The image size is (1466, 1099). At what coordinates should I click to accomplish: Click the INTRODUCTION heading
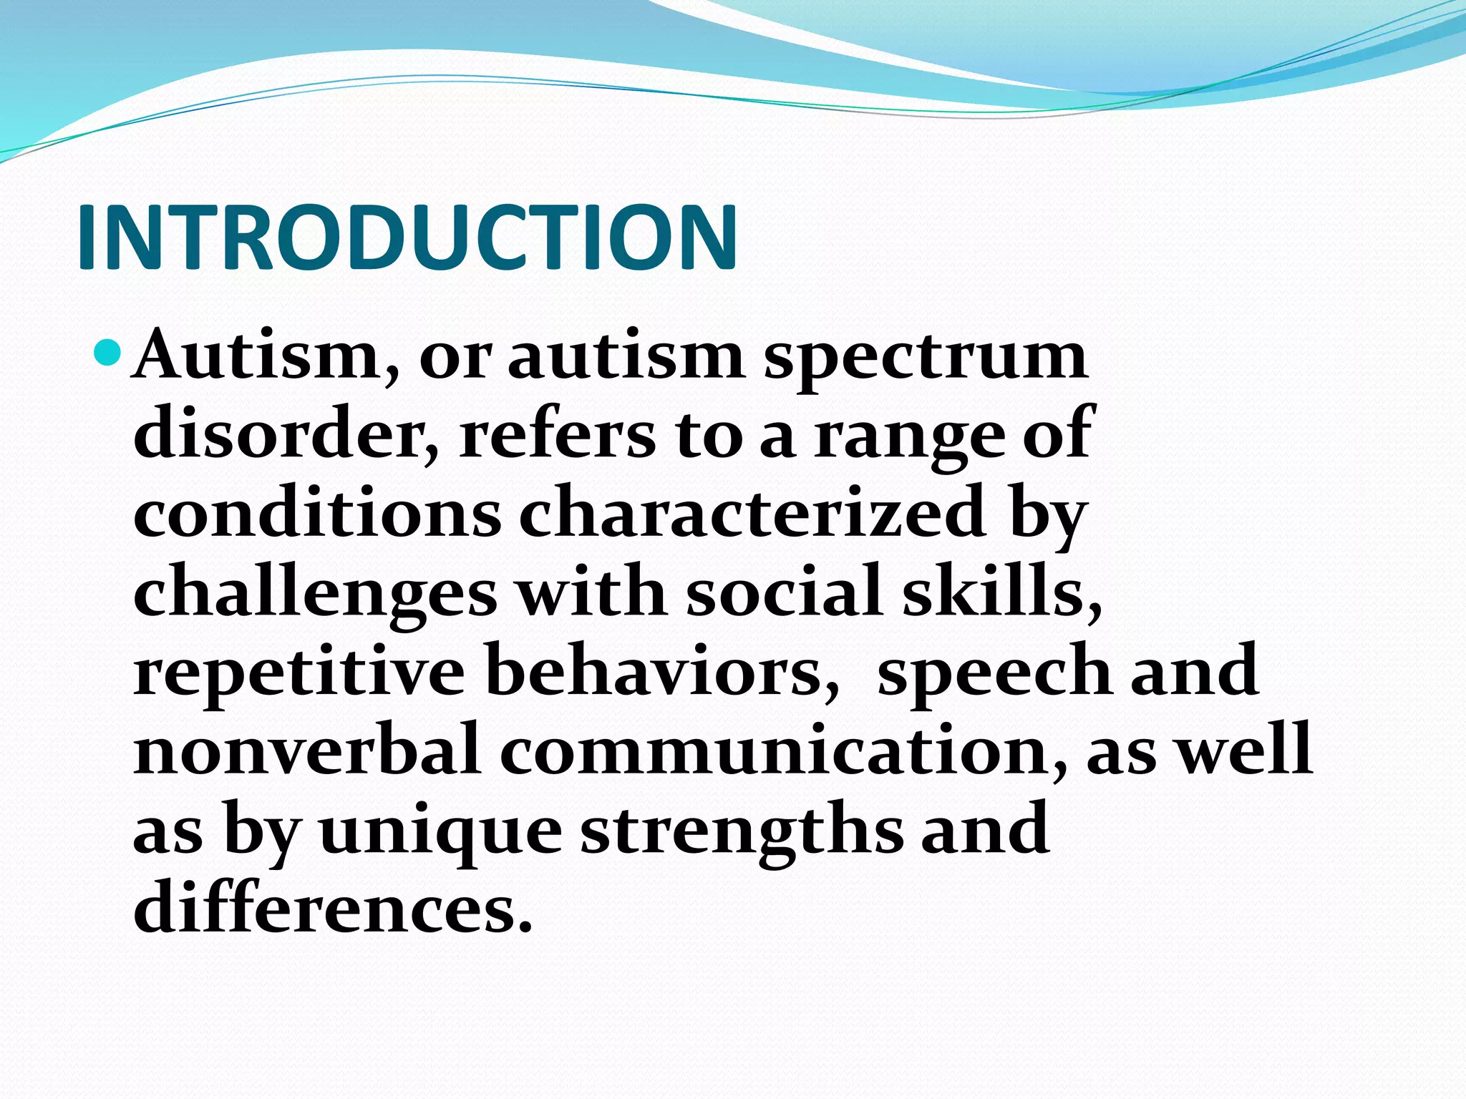pyautogui.click(x=407, y=238)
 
